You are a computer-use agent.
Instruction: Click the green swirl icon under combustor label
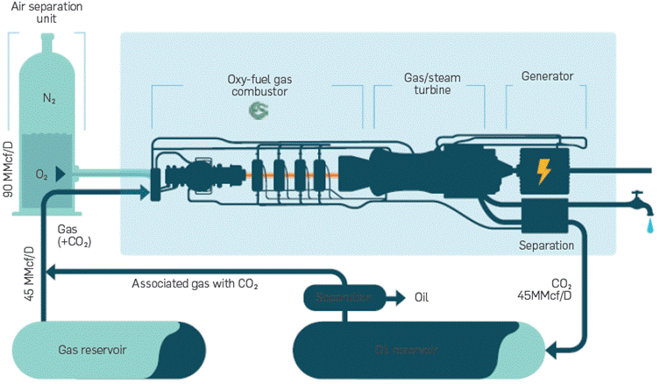click(x=259, y=110)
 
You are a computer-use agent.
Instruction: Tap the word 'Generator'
click(x=547, y=76)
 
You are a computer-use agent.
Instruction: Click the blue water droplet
click(x=649, y=227)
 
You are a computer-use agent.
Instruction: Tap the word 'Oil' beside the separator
click(x=422, y=297)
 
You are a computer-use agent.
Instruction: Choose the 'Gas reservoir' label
click(x=93, y=349)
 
